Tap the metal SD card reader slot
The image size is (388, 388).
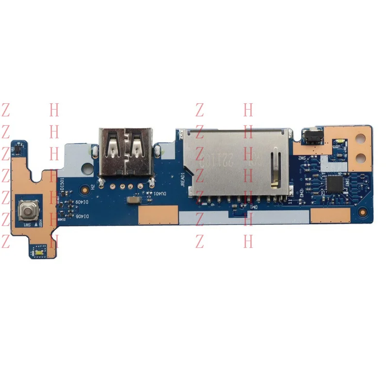coord(234,162)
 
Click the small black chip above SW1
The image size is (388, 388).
coord(17,145)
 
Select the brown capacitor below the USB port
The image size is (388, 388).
coord(132,200)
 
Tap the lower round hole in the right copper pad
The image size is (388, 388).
coord(360,157)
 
